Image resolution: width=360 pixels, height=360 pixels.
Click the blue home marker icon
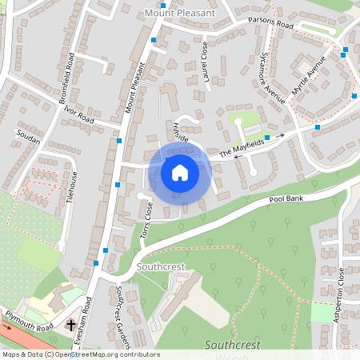click(180, 172)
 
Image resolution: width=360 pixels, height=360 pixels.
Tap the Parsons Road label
click(270, 23)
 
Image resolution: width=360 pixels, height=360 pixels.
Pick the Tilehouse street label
click(74, 189)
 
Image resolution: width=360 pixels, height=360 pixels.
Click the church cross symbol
click(71, 326)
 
